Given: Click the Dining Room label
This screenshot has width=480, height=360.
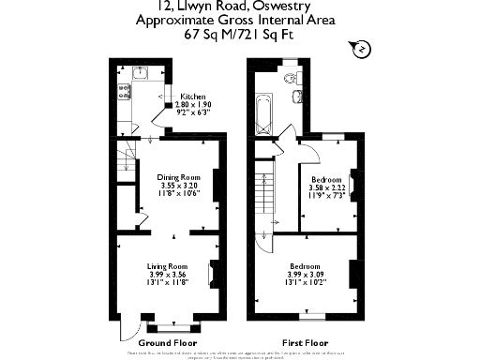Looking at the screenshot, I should (178, 177).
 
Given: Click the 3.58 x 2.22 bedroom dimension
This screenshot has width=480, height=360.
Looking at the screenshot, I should (326, 187).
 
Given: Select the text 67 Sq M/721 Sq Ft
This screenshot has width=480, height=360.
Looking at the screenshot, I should (239, 34).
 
